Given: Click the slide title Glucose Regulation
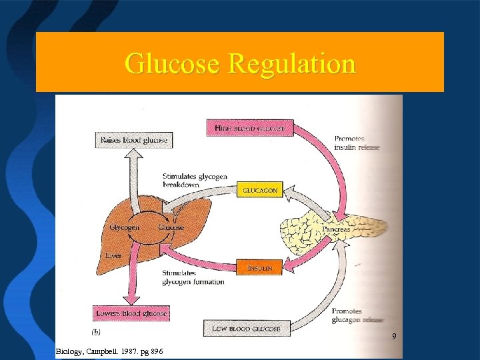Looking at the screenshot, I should (x=240, y=64).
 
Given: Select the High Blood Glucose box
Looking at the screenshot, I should (x=249, y=127).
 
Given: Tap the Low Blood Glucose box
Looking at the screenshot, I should (x=247, y=328).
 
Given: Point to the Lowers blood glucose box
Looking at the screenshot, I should (x=132, y=313).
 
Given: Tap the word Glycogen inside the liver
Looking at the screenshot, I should (x=125, y=227).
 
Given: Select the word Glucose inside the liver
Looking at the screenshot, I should (x=171, y=227).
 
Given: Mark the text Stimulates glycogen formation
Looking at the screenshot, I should (x=193, y=277).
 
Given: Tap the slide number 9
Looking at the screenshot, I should (x=394, y=336).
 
